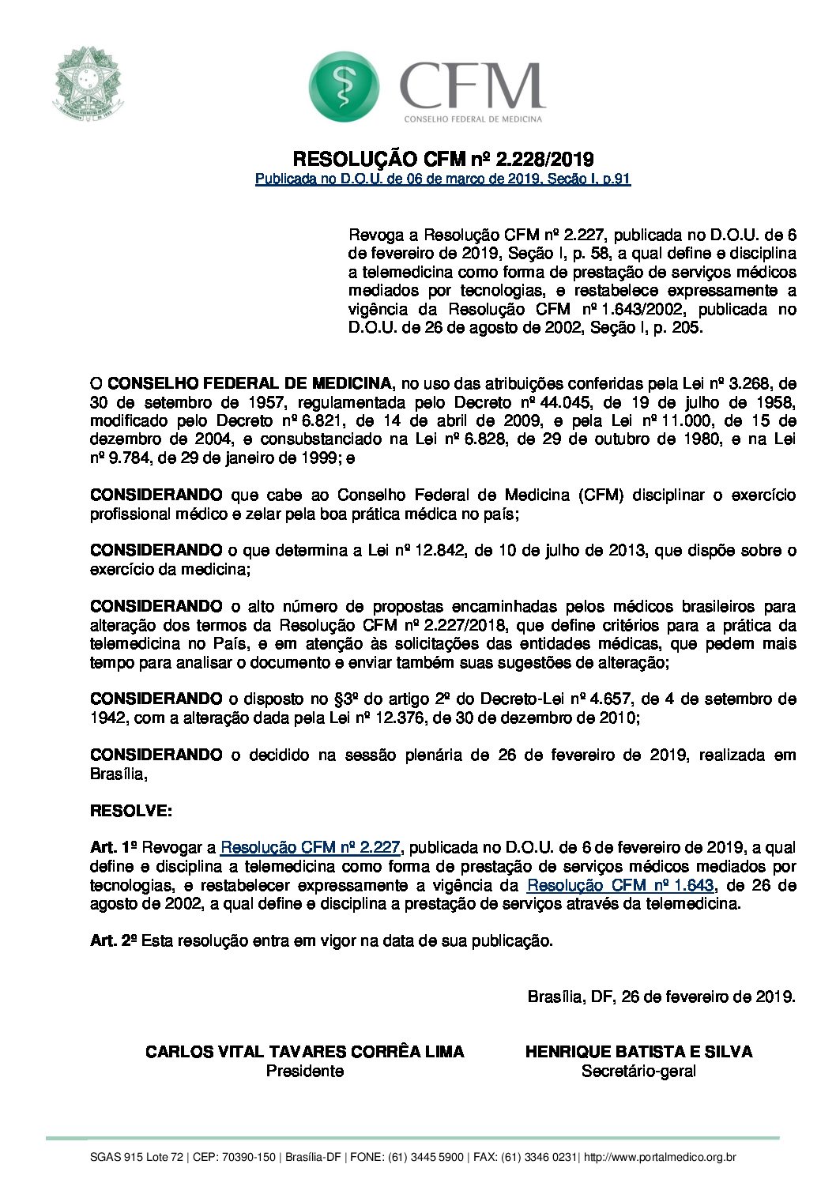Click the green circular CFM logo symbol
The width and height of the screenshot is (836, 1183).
[344, 86]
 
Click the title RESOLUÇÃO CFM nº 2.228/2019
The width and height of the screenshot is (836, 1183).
[443, 160]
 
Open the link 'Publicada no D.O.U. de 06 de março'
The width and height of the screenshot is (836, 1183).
[442, 179]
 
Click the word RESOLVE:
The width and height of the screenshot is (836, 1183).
[130, 811]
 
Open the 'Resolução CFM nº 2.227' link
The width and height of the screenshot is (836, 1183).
[311, 848]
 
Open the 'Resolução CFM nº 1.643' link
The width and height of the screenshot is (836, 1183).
[620, 885]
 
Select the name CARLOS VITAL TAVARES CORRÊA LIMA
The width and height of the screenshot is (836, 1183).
[305, 1052]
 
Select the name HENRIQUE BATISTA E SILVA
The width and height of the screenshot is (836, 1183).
[638, 1052]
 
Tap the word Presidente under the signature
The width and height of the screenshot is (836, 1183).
[305, 1072]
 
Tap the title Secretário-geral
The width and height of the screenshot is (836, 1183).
[638, 1072]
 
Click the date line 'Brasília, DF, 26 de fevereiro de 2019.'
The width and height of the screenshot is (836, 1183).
[661, 997]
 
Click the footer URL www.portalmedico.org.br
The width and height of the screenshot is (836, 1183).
[660, 1158]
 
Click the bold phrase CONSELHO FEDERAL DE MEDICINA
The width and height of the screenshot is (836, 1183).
[250, 383]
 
